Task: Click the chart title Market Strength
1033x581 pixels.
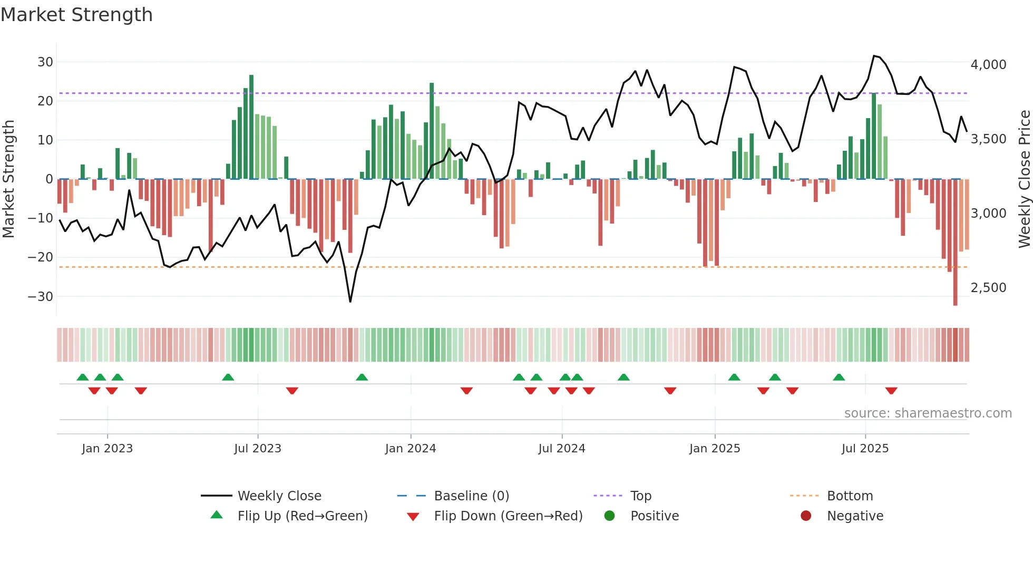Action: (x=76, y=15)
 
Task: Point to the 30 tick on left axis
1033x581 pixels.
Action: (x=45, y=62)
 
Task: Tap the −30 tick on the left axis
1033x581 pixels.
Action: (x=41, y=296)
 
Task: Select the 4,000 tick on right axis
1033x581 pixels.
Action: (x=988, y=65)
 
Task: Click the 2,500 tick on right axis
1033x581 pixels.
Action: (x=988, y=288)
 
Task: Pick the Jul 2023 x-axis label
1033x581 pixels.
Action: (x=258, y=449)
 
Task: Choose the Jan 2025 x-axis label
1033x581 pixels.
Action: (x=715, y=449)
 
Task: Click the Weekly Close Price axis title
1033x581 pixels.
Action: (x=1024, y=179)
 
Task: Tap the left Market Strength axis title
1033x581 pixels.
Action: (x=9, y=179)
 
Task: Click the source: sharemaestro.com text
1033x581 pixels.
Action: (x=928, y=413)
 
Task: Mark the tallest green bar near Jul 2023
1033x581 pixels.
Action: (x=251, y=127)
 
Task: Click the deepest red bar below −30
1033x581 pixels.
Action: (x=955, y=243)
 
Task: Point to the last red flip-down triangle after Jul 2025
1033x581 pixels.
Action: (x=891, y=391)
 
